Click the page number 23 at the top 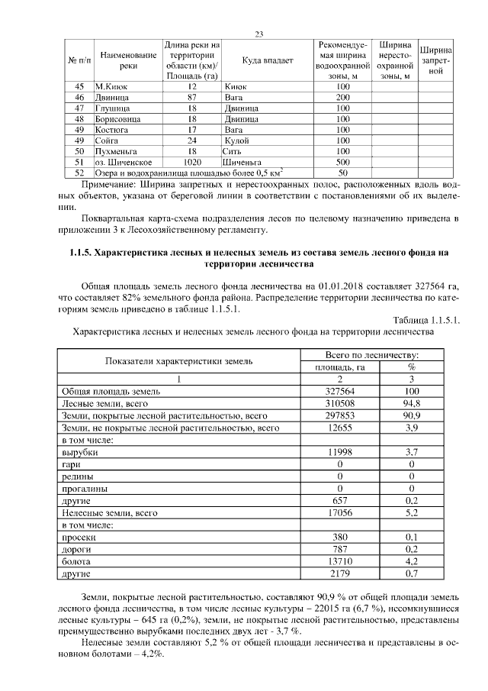click(258, 34)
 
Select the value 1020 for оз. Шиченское click(192, 162)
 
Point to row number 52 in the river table click(79, 173)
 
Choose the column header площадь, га click(341, 366)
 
